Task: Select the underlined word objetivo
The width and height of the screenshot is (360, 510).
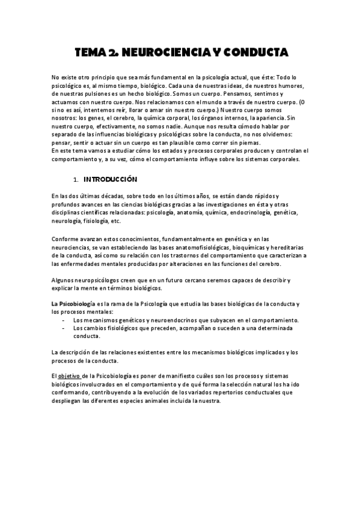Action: click(71, 376)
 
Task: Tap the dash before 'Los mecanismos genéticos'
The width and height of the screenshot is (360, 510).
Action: click(64, 321)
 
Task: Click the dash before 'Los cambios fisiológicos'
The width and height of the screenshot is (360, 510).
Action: click(64, 329)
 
